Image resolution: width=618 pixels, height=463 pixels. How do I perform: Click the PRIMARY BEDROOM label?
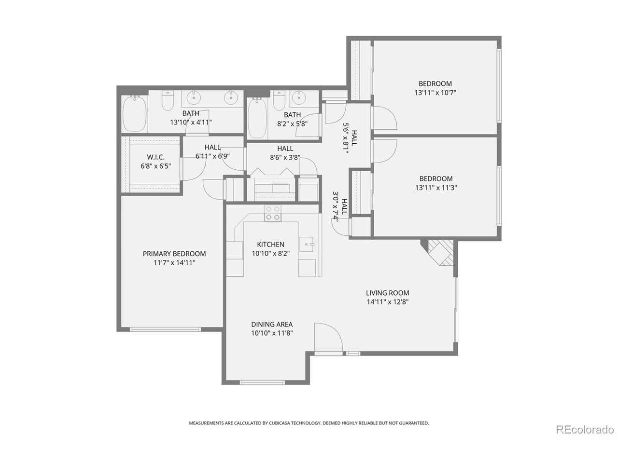[174, 254]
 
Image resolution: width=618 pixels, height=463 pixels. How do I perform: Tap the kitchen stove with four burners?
[272, 213]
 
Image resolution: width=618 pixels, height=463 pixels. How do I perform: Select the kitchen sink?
[306, 245]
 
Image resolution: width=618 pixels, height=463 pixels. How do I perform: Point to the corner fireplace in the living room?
[438, 252]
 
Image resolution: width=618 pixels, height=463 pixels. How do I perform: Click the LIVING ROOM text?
[387, 293]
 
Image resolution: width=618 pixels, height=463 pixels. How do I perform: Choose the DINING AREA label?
[272, 324]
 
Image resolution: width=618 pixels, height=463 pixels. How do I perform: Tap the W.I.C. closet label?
[155, 157]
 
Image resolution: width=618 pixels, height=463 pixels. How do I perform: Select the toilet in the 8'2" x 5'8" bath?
[279, 100]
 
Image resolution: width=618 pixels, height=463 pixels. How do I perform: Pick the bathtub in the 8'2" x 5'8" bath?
[257, 118]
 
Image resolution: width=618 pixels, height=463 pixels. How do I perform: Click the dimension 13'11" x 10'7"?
[435, 93]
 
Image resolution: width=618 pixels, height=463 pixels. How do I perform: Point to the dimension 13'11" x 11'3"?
[436, 188]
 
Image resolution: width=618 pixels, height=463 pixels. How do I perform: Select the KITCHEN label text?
[270, 245]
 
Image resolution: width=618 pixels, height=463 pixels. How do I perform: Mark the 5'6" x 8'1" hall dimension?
[346, 138]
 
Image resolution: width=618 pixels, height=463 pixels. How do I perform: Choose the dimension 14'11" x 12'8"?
[387, 302]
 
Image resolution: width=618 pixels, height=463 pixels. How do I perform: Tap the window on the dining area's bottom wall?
[262, 382]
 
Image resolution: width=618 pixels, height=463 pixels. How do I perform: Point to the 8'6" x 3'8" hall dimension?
[285, 157]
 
